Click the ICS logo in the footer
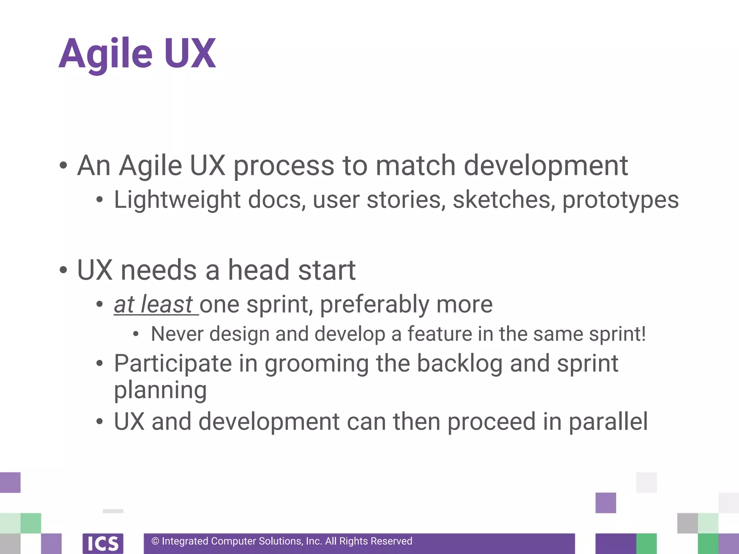pos(103,543)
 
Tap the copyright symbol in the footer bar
pos(155,541)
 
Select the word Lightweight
pos(177,200)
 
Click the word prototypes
pos(620,200)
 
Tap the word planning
pos(160,391)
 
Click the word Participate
pos(173,364)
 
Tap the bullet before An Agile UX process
pos(64,166)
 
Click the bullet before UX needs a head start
pos(64,270)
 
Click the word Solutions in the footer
pos(280,541)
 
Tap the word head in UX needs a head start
pos(259,270)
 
